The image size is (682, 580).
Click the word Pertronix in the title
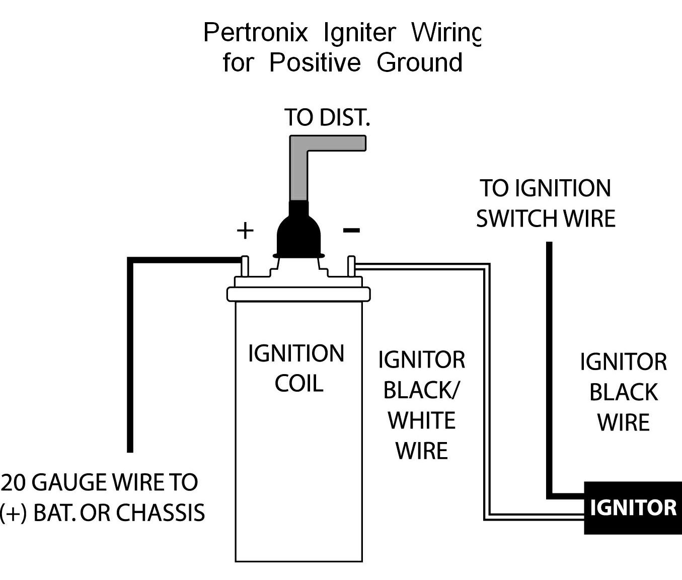pos(255,33)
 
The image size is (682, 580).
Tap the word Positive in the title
pos(315,63)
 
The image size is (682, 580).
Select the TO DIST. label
pos(327,117)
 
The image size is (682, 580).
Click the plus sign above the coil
pos(245,231)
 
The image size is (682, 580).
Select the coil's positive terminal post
pos(245,267)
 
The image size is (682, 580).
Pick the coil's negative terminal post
pos(351,267)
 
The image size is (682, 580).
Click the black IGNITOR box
pos(632,507)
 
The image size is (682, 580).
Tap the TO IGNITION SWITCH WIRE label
pos(546,203)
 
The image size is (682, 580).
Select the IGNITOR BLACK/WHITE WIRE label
pos(421,405)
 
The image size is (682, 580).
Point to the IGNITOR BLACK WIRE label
pos(623,392)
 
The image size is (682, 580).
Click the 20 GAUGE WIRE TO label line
pos(100,482)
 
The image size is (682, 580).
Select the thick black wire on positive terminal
pos(130,352)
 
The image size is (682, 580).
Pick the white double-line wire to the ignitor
pos(487,393)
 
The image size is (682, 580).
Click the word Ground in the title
pos(419,63)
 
